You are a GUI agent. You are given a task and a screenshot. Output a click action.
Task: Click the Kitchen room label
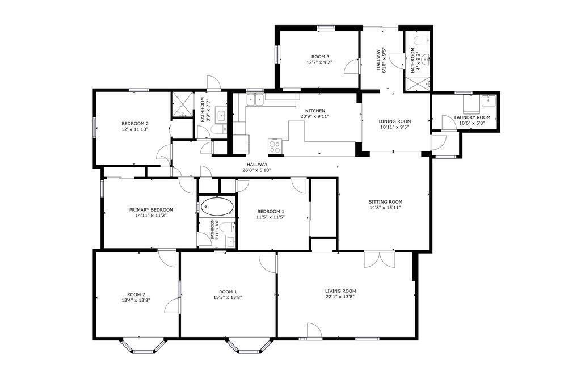click(315, 111)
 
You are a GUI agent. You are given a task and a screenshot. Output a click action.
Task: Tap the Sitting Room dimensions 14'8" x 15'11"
click(385, 208)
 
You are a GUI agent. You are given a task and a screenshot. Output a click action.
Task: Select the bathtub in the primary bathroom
click(217, 207)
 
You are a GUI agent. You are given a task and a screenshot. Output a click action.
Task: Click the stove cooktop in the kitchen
click(275, 146)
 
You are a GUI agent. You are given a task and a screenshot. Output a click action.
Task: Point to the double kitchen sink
click(255, 99)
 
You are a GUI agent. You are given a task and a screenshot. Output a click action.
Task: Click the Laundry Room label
click(472, 117)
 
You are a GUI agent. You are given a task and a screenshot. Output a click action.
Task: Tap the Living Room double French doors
click(380, 259)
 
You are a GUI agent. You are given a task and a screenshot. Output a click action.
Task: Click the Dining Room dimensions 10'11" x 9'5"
click(395, 127)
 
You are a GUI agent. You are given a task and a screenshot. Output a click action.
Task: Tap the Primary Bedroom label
click(151, 209)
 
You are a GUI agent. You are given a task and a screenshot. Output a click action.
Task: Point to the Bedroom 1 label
click(271, 211)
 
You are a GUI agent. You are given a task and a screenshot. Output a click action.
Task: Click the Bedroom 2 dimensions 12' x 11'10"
click(135, 129)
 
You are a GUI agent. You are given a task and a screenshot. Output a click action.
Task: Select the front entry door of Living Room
click(314, 330)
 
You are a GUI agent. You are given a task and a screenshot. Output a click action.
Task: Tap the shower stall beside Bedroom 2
click(182, 104)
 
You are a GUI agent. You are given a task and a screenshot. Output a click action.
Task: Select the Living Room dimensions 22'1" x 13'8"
click(340, 296)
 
